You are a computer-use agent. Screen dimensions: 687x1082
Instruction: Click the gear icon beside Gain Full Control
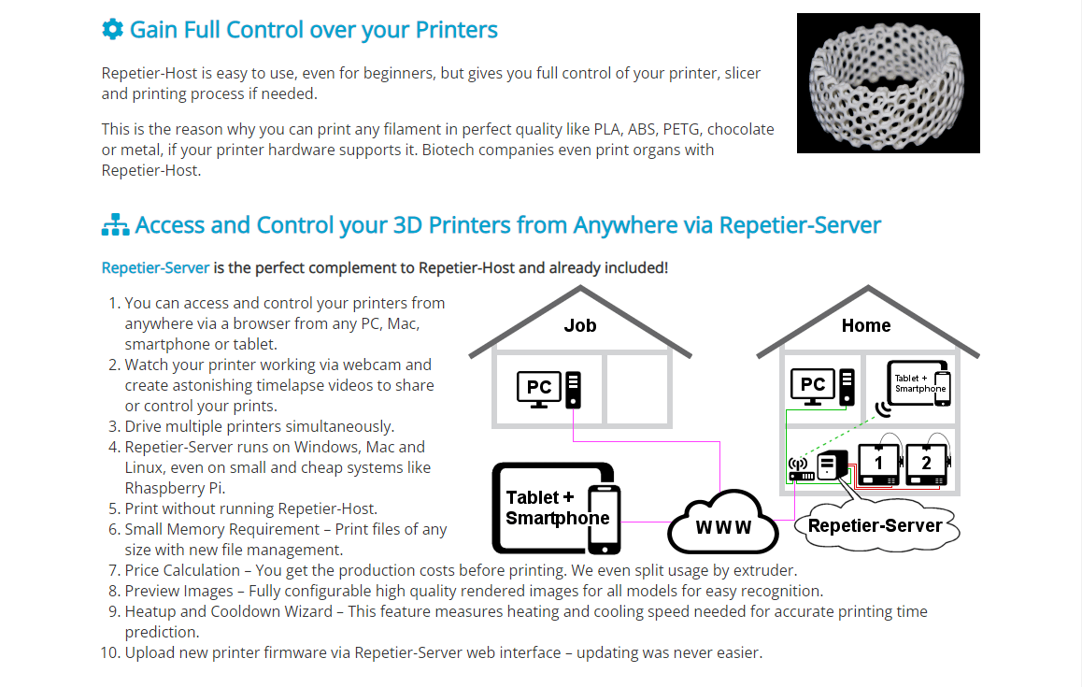112,29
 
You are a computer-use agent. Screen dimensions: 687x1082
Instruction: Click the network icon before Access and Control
115,225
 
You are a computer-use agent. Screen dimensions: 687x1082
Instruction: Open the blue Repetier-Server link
155,268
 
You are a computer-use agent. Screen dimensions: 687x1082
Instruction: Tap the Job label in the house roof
579,325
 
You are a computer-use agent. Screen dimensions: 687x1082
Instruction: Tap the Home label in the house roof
866,325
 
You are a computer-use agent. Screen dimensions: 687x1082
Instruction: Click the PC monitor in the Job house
539,388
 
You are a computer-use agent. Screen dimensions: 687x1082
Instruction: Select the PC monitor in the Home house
813,385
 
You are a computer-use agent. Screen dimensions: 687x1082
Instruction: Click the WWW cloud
723,526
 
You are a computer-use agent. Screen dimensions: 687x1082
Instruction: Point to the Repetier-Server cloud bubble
875,526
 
